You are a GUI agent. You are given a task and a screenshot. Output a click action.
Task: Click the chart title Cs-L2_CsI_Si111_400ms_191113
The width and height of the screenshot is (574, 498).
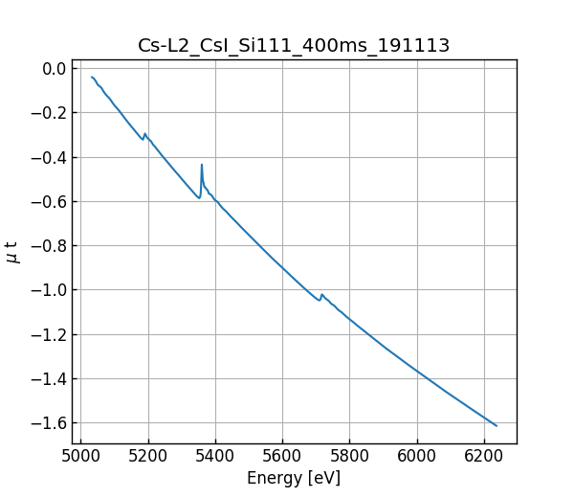click(x=294, y=45)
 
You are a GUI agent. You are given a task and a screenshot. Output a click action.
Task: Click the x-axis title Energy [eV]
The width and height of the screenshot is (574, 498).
click(x=294, y=478)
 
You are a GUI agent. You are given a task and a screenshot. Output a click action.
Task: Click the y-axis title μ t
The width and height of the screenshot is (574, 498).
click(x=12, y=252)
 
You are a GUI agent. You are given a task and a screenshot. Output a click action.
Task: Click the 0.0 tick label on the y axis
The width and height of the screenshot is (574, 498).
click(x=53, y=68)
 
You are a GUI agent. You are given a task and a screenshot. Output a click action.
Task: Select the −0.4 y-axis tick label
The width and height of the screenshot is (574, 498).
click(x=47, y=157)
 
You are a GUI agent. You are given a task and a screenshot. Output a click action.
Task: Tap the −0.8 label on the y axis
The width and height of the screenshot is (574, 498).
click(x=47, y=245)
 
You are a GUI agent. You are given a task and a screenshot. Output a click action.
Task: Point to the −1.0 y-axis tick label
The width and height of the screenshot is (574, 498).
click(x=47, y=290)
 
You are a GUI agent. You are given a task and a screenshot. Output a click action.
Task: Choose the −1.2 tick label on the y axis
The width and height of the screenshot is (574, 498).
click(x=47, y=334)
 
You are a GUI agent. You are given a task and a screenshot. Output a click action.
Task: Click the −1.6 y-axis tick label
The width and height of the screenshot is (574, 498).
click(x=47, y=422)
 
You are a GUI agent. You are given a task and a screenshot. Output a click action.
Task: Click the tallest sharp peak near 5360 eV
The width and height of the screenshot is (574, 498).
click(x=202, y=165)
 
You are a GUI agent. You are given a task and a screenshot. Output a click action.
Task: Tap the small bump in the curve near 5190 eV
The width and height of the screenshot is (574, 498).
click(x=144, y=134)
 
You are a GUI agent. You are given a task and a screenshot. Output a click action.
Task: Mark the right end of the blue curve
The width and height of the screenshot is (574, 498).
click(x=497, y=425)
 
